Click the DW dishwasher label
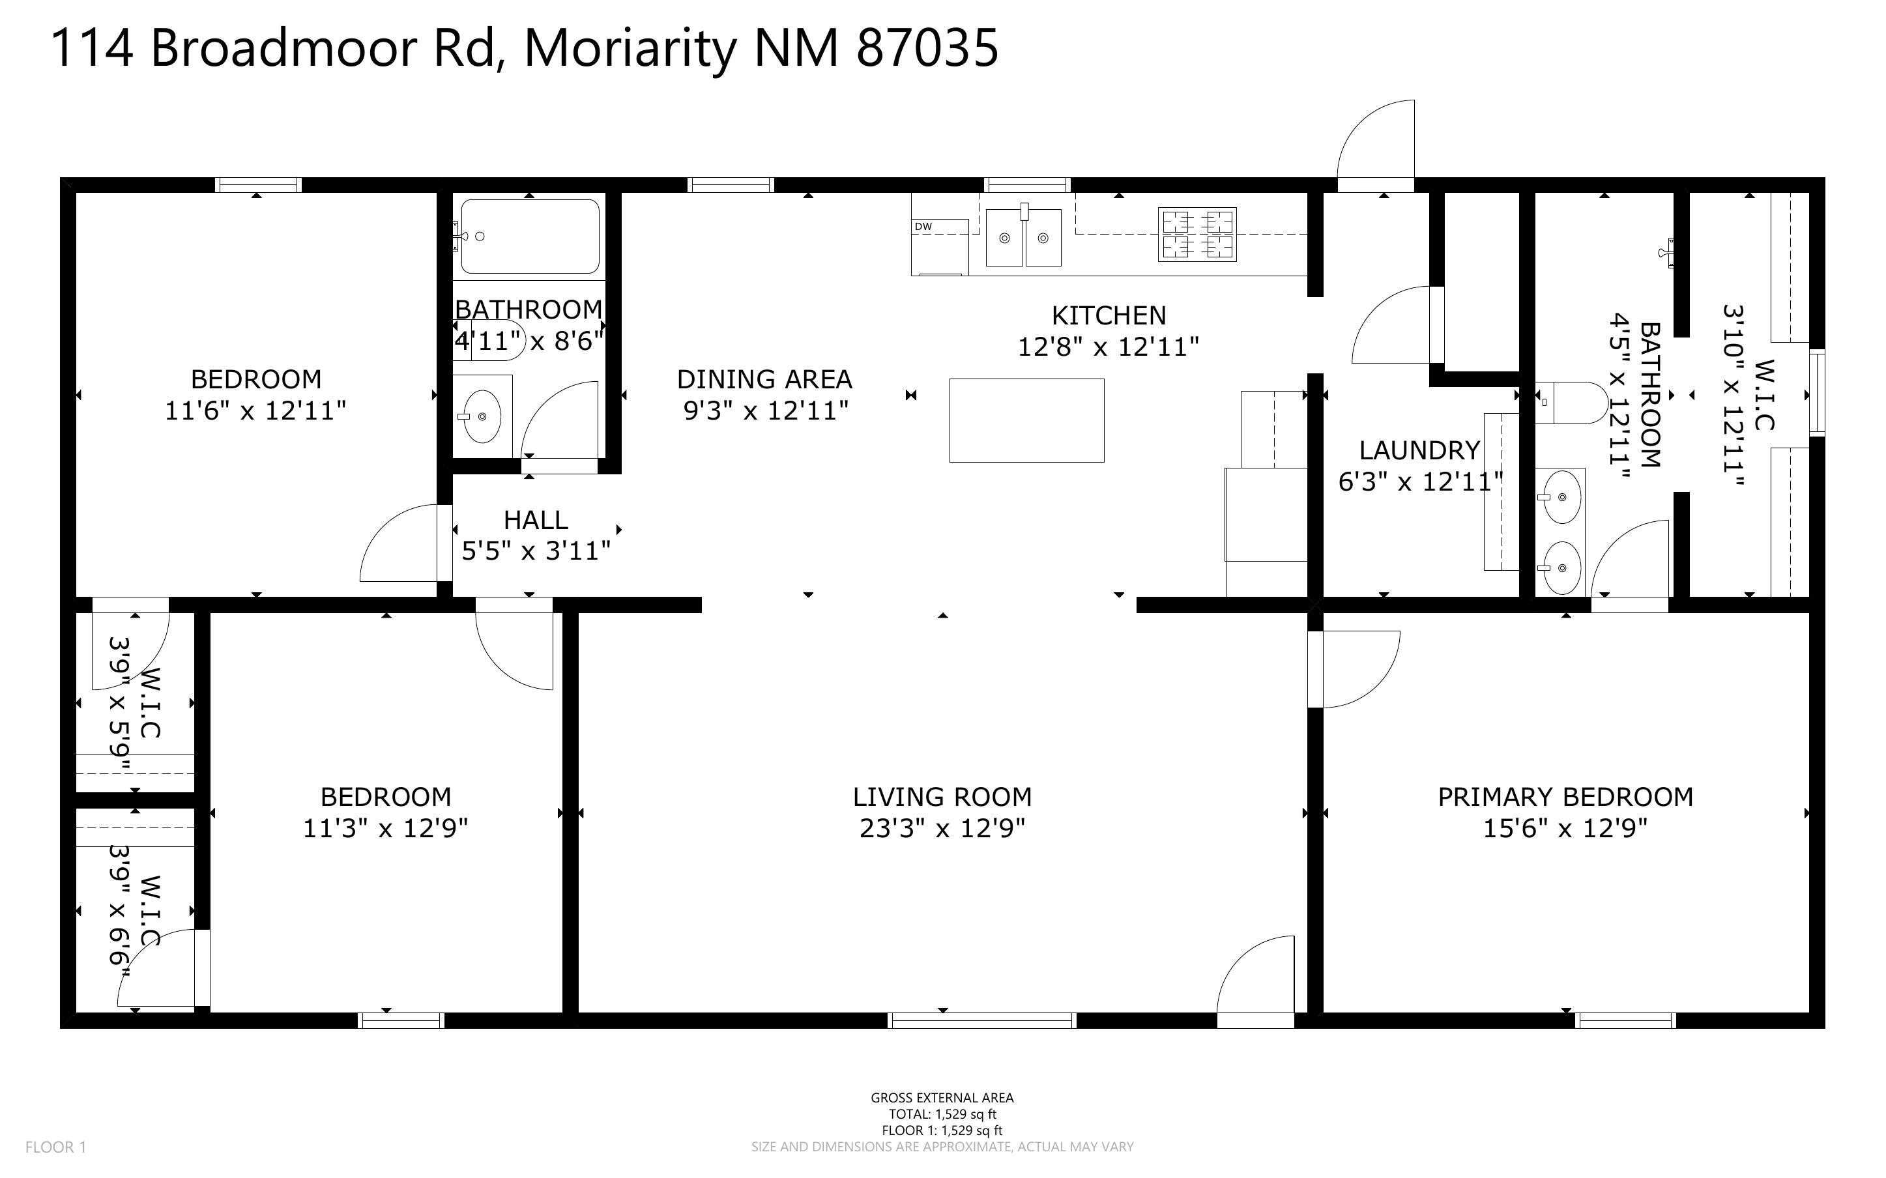coord(923,227)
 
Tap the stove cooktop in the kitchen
coord(1197,234)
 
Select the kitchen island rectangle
coord(1026,420)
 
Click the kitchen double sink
coord(1023,236)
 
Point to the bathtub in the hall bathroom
coord(530,236)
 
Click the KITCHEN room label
coord(1109,315)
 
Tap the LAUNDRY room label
coord(1419,450)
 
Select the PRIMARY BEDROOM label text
coord(1565,796)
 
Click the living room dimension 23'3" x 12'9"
coord(942,827)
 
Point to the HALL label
coord(536,520)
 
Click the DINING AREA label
coord(764,379)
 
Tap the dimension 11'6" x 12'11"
coord(255,410)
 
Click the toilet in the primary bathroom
coord(1570,402)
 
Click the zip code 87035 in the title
coord(927,48)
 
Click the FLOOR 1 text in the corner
coord(56,1147)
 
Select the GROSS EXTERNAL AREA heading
coord(942,1098)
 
